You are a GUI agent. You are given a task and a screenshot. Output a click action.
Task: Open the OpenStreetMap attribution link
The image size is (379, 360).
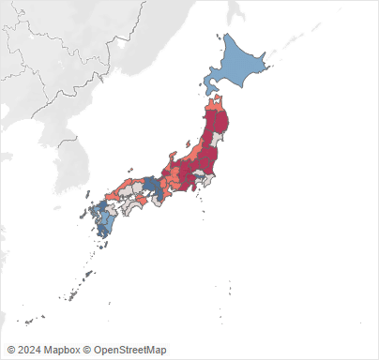(127, 350)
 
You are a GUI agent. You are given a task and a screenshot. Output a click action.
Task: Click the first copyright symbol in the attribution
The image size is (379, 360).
(10, 350)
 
